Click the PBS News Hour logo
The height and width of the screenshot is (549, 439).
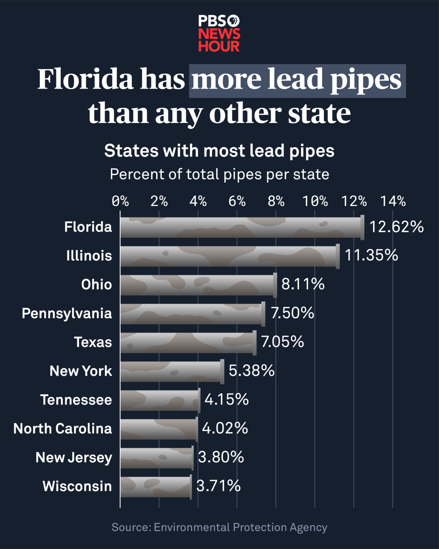click(x=219, y=34)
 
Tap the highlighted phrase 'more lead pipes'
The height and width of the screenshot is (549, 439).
click(x=297, y=81)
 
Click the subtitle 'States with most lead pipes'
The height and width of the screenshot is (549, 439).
click(x=219, y=151)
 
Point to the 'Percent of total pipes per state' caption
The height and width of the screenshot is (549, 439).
click(x=219, y=175)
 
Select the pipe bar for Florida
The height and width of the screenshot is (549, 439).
click(x=241, y=227)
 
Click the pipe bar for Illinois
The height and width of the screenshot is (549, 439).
click(x=229, y=256)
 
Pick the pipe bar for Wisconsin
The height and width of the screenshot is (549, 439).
click(x=156, y=487)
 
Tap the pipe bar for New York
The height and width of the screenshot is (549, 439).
click(x=172, y=371)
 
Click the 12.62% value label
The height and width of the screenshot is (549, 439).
click(x=396, y=227)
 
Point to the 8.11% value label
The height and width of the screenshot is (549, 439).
click(x=303, y=284)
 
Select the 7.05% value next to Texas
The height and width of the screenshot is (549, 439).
click(x=282, y=342)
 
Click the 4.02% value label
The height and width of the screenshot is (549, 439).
click(x=225, y=429)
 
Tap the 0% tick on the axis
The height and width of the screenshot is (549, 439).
click(x=120, y=201)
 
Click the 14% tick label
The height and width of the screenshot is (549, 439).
click(x=393, y=201)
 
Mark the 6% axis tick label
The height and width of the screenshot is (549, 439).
click(x=237, y=201)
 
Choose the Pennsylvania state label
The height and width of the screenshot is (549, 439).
click(x=67, y=314)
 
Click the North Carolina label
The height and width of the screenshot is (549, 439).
click(x=63, y=429)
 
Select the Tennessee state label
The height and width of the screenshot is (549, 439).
click(x=76, y=400)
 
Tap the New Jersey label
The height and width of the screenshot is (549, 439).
click(x=74, y=458)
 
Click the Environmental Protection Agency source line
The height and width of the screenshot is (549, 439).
click(x=219, y=527)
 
